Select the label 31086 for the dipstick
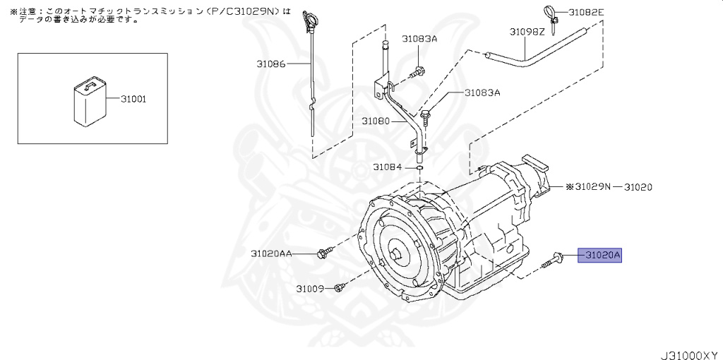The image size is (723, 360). tap(271, 64)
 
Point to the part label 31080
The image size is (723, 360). tap(376, 121)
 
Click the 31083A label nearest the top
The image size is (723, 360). tap(420, 39)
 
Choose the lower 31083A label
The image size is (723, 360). tap(482, 92)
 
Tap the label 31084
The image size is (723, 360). tap(387, 167)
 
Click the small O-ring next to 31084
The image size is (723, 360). tap(419, 168)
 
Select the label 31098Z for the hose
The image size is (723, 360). tap(527, 32)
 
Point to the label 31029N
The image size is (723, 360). tap(590, 187)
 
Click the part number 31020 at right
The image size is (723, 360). tap(637, 187)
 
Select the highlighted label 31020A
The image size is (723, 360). tap(599, 254)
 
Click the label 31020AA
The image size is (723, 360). tap(271, 253)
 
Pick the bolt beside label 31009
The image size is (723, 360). tap(340, 287)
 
